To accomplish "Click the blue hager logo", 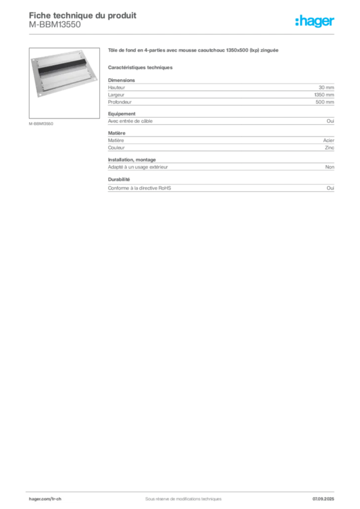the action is coord(315,21).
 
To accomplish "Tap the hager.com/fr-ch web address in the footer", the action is coord(44,499).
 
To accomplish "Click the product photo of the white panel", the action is coord(63,75).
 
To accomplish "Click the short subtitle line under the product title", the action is coord(141,66).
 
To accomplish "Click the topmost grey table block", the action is coord(221,92).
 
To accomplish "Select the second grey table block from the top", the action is coord(221,120).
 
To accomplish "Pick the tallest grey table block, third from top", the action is coord(221,152).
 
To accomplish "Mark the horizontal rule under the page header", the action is coord(183,34).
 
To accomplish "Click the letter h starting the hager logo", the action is coord(297,21).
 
